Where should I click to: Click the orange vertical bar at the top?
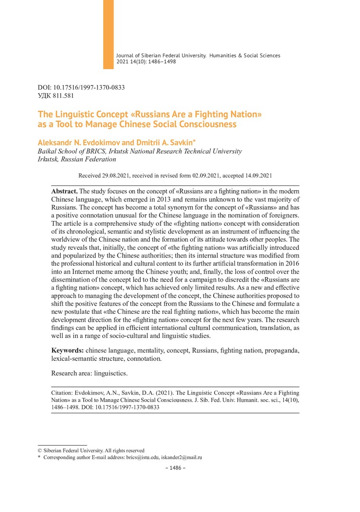pyautogui.click(x=108, y=34)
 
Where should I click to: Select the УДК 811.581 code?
pyautogui.click(x=55, y=95)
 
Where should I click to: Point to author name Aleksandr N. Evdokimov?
pyautogui.click(x=73, y=142)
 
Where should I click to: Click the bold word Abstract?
pyautogui.click(x=64, y=191)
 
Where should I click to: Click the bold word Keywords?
pyautogui.click(x=67, y=350)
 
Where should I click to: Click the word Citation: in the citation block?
pyautogui.click(x=63, y=393)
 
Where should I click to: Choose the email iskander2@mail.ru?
pyautogui.click(x=182, y=457)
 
